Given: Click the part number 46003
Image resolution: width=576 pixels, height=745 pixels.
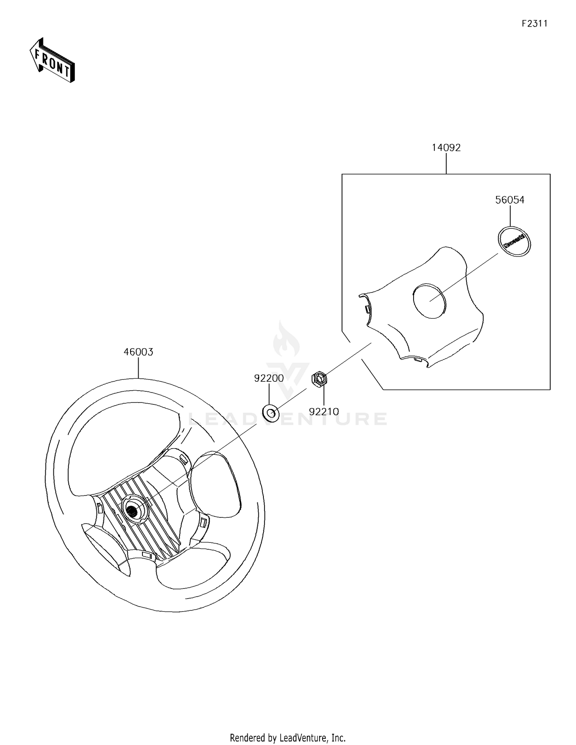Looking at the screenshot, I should (x=138, y=352).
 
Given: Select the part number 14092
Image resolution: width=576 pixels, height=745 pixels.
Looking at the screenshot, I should (x=446, y=148).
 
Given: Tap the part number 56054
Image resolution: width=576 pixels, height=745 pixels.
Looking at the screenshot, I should (x=510, y=200).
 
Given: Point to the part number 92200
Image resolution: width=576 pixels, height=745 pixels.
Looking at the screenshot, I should (x=269, y=378).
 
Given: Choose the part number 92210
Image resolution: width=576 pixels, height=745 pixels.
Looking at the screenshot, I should (x=324, y=412).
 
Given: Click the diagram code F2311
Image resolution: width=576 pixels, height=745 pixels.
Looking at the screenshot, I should (x=535, y=23).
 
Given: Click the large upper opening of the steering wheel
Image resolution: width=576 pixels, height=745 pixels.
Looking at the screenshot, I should (x=123, y=446).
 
